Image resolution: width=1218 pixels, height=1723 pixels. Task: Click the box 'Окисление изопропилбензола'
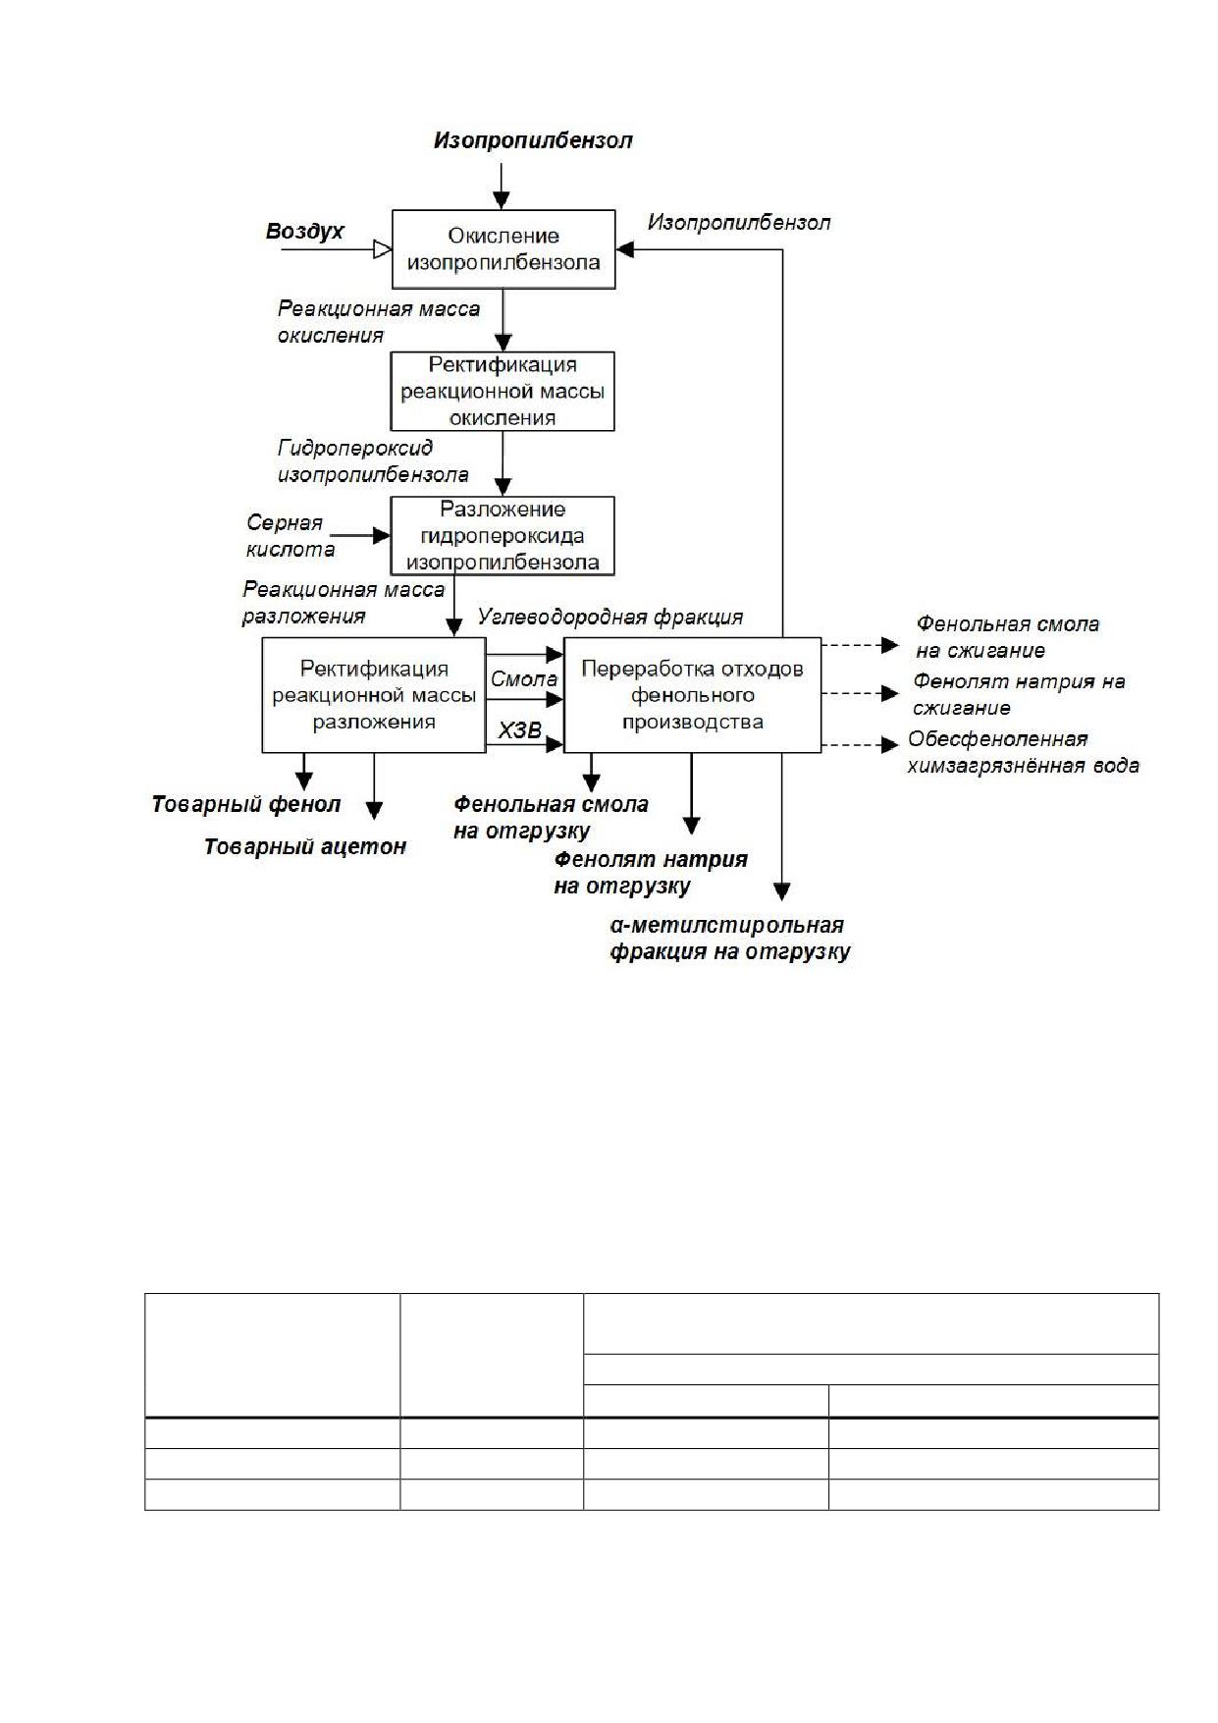(x=503, y=249)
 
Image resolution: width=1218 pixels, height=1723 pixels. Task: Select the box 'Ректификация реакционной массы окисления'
(x=503, y=391)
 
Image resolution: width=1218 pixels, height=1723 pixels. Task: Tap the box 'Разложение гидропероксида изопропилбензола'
(x=503, y=536)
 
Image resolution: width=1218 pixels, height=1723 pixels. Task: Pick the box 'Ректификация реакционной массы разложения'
(x=374, y=695)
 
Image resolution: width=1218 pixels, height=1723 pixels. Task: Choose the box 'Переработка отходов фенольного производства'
(x=692, y=695)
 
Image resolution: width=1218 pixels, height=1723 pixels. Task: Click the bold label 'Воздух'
(x=305, y=232)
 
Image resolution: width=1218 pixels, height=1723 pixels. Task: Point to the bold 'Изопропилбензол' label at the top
(x=533, y=140)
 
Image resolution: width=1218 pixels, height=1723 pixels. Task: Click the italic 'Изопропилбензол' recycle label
(x=739, y=223)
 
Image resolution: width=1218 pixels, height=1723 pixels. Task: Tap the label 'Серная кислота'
(x=291, y=536)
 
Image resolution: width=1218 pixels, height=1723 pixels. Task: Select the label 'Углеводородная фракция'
(x=610, y=618)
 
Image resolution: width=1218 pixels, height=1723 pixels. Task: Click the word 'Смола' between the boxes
(x=524, y=679)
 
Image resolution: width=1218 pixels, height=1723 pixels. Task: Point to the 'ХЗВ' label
(x=520, y=730)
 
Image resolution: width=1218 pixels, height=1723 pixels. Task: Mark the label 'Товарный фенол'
(x=246, y=805)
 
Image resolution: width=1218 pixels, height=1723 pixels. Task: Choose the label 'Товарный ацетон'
(x=305, y=847)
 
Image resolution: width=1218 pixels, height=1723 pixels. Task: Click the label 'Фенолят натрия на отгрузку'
(x=651, y=873)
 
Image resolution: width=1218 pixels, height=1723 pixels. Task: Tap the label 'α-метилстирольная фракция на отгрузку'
(x=730, y=939)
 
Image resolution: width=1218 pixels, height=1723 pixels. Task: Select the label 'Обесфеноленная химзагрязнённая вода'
(x=1024, y=752)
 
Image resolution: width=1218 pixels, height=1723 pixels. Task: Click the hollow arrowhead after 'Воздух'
(x=383, y=249)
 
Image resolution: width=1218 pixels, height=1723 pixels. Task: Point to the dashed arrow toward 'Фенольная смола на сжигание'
(x=860, y=645)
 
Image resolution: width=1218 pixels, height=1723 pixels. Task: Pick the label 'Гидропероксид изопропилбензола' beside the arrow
(x=373, y=461)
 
